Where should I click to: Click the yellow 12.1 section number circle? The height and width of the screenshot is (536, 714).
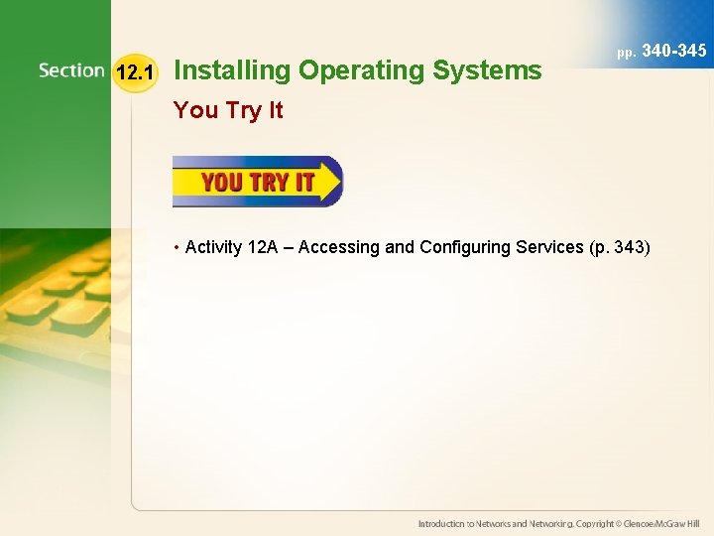134,72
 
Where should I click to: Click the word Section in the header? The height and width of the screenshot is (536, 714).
71,70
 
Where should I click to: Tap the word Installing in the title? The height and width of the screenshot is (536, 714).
232,70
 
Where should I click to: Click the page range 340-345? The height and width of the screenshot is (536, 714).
674,49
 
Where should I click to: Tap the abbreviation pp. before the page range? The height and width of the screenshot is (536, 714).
627,51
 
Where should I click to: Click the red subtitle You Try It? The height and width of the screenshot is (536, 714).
228,110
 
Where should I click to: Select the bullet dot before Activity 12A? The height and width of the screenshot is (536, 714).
177,247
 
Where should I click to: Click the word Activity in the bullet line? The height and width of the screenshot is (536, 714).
213,247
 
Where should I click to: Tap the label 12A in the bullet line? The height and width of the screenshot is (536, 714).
263,247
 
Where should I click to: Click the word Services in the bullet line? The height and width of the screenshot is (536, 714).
548,247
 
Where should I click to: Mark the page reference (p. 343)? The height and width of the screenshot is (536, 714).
619,247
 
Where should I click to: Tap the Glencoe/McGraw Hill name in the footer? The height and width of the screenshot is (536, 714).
659,523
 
